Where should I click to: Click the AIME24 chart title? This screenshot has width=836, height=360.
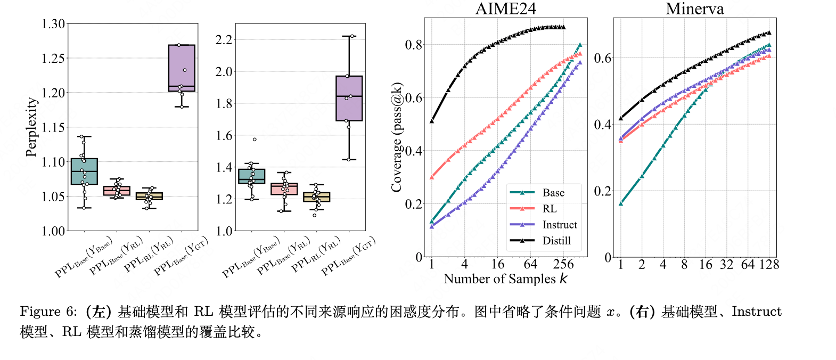[x=505, y=9]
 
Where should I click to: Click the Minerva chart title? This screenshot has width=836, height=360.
[x=694, y=9]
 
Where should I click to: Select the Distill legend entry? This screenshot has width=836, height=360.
[x=556, y=241]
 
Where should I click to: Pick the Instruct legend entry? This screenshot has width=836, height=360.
[x=559, y=225]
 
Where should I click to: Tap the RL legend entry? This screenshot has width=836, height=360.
[x=549, y=209]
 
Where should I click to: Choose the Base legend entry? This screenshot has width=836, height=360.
[x=553, y=193]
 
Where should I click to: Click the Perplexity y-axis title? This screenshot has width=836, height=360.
[x=32, y=127]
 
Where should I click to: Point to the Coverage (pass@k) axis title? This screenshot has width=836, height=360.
[x=397, y=137]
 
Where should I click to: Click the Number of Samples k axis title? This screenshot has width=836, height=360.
[x=505, y=279]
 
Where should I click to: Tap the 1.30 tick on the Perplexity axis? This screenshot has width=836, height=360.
[x=53, y=24]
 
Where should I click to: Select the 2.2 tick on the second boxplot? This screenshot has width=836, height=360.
[x=224, y=40]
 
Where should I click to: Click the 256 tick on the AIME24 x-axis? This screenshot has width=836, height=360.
[x=563, y=265]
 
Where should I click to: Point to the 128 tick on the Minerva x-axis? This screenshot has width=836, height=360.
[x=769, y=265]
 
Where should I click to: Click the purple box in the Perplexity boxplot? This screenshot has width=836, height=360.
[x=182, y=68]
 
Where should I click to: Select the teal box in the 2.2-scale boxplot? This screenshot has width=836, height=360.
[x=252, y=176]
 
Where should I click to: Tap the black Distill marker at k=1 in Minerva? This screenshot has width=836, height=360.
[x=621, y=118]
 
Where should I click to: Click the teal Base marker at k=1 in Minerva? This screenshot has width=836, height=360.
[x=621, y=203]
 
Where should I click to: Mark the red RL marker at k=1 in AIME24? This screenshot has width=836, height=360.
[x=432, y=177]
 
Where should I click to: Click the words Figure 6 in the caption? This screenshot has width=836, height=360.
[x=48, y=312]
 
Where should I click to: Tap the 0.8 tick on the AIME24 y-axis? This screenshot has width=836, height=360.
[x=413, y=45]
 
